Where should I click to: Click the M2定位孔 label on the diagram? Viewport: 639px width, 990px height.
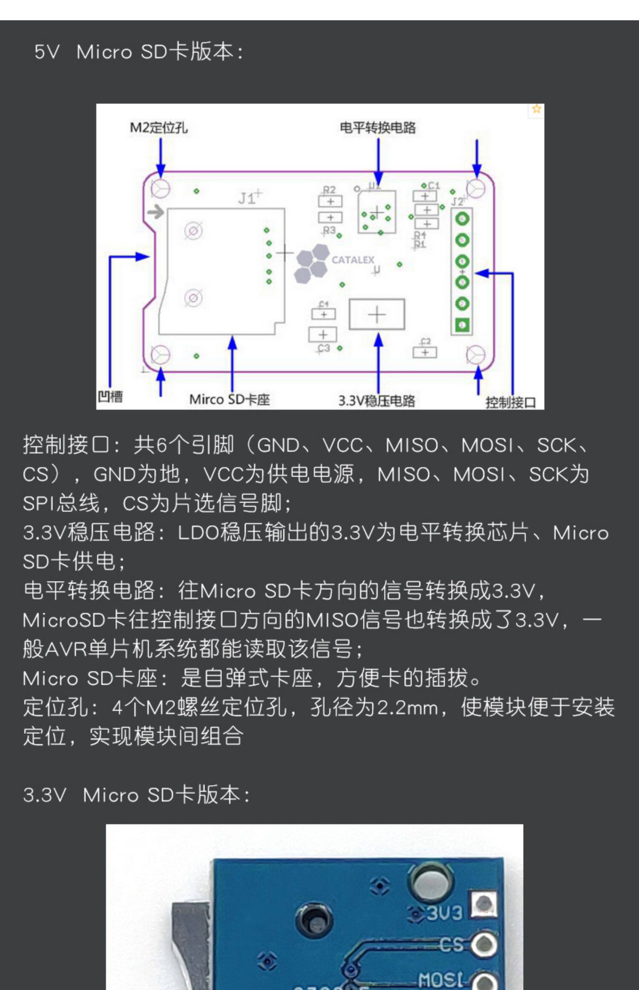(158, 127)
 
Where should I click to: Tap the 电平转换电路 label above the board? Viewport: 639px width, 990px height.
(377, 127)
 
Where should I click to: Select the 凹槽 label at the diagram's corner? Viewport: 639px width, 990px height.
(110, 397)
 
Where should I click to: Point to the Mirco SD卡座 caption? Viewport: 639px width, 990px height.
(230, 399)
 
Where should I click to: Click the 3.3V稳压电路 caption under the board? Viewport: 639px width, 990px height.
(377, 401)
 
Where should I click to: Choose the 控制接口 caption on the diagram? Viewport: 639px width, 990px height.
(510, 402)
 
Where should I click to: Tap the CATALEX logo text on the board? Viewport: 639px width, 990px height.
(353, 260)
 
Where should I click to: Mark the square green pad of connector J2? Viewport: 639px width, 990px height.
(462, 325)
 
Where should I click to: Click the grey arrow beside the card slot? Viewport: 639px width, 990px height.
(156, 211)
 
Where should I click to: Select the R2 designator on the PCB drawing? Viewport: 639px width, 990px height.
(329, 189)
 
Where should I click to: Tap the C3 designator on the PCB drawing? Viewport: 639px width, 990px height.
(324, 348)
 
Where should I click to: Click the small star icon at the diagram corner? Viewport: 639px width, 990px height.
(536, 109)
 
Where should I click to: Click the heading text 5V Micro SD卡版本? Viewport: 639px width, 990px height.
(139, 52)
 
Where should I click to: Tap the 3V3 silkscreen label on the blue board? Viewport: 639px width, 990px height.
(444, 912)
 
